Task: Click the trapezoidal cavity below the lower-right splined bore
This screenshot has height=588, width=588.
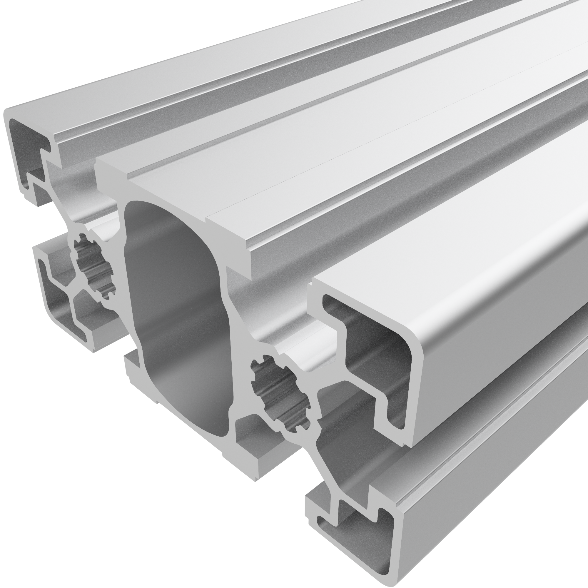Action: (x=341, y=457)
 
